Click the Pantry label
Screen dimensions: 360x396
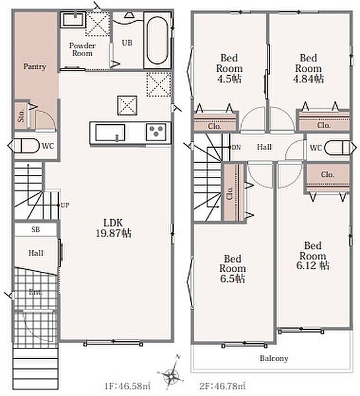click(x=34, y=67)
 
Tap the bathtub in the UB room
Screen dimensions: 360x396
click(x=157, y=40)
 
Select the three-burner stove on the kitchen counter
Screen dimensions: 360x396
click(x=156, y=132)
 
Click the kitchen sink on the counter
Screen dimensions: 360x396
click(x=110, y=133)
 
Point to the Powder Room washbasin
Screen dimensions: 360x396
click(x=73, y=19)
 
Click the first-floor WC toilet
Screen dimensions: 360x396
click(x=24, y=146)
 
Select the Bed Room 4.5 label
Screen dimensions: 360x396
click(x=229, y=69)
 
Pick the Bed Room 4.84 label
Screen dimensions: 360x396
click(x=308, y=69)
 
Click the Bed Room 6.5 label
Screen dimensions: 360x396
click(x=233, y=269)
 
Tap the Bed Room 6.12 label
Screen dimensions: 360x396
click(x=312, y=255)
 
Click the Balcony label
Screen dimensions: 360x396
click(x=274, y=358)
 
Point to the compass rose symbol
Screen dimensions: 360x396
click(x=172, y=372)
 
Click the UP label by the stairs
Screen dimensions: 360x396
click(x=65, y=205)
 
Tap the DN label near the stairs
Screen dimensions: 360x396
click(x=236, y=147)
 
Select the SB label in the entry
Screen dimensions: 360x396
click(x=36, y=230)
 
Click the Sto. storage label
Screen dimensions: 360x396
click(x=21, y=115)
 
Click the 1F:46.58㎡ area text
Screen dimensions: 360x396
click(x=127, y=386)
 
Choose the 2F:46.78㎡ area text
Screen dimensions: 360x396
click(x=222, y=386)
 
